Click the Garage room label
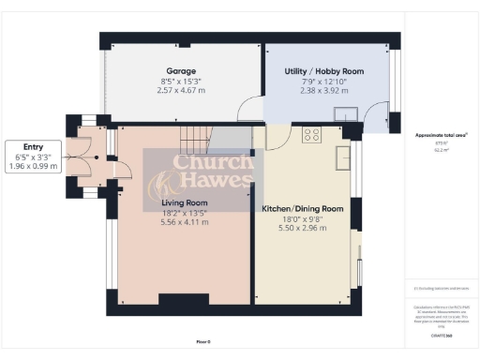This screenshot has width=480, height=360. pyautogui.click(x=181, y=71)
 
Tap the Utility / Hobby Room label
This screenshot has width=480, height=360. pyautogui.click(x=323, y=71)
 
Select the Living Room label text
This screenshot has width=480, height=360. pyautogui.click(x=183, y=201)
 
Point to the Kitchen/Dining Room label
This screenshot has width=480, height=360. pyautogui.click(x=301, y=208)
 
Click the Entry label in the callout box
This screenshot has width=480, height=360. pyautogui.click(x=33, y=146)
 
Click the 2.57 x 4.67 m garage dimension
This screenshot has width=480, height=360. pyautogui.click(x=181, y=94)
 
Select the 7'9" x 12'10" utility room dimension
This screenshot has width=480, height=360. pyautogui.click(x=323, y=82)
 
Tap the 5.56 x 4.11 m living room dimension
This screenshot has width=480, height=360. pyautogui.click(x=183, y=223)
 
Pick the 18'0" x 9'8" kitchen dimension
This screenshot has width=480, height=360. pyautogui.click(x=301, y=219)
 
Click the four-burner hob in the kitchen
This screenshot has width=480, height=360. pyautogui.click(x=311, y=133)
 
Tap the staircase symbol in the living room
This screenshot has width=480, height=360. pyautogui.click(x=194, y=141)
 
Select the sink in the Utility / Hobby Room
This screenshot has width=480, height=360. pyautogui.click(x=350, y=116)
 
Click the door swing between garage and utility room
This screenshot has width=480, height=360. pyautogui.click(x=250, y=112)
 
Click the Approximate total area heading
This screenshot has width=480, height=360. pyautogui.click(x=441, y=135)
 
